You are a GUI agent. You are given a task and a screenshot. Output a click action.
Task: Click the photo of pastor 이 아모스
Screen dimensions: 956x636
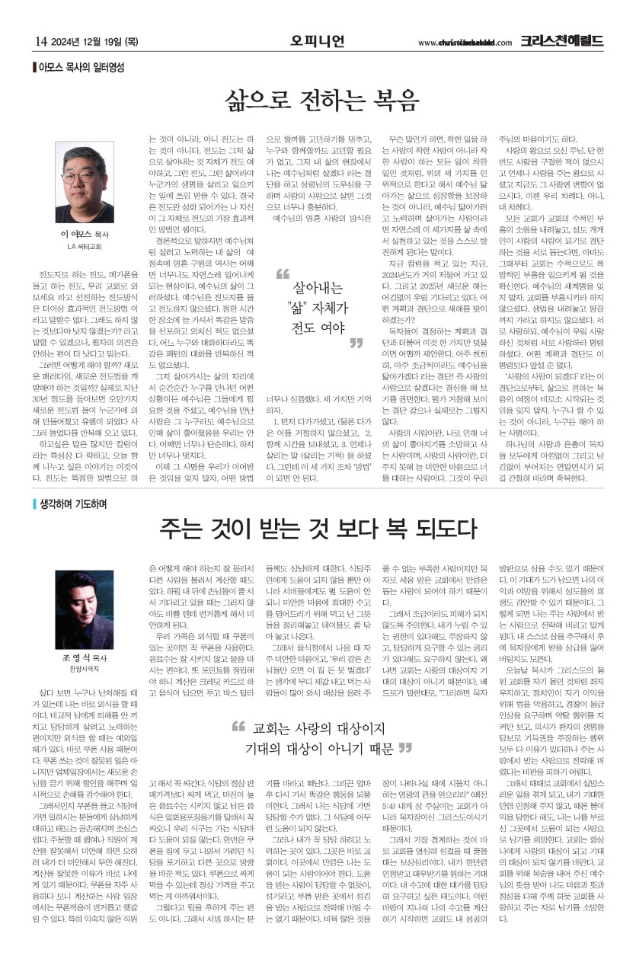point(84,184)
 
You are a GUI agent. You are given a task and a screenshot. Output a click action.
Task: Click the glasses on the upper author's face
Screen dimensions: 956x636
point(82,168)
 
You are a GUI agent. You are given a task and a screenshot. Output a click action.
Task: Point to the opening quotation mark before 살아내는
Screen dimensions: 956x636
point(283,273)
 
